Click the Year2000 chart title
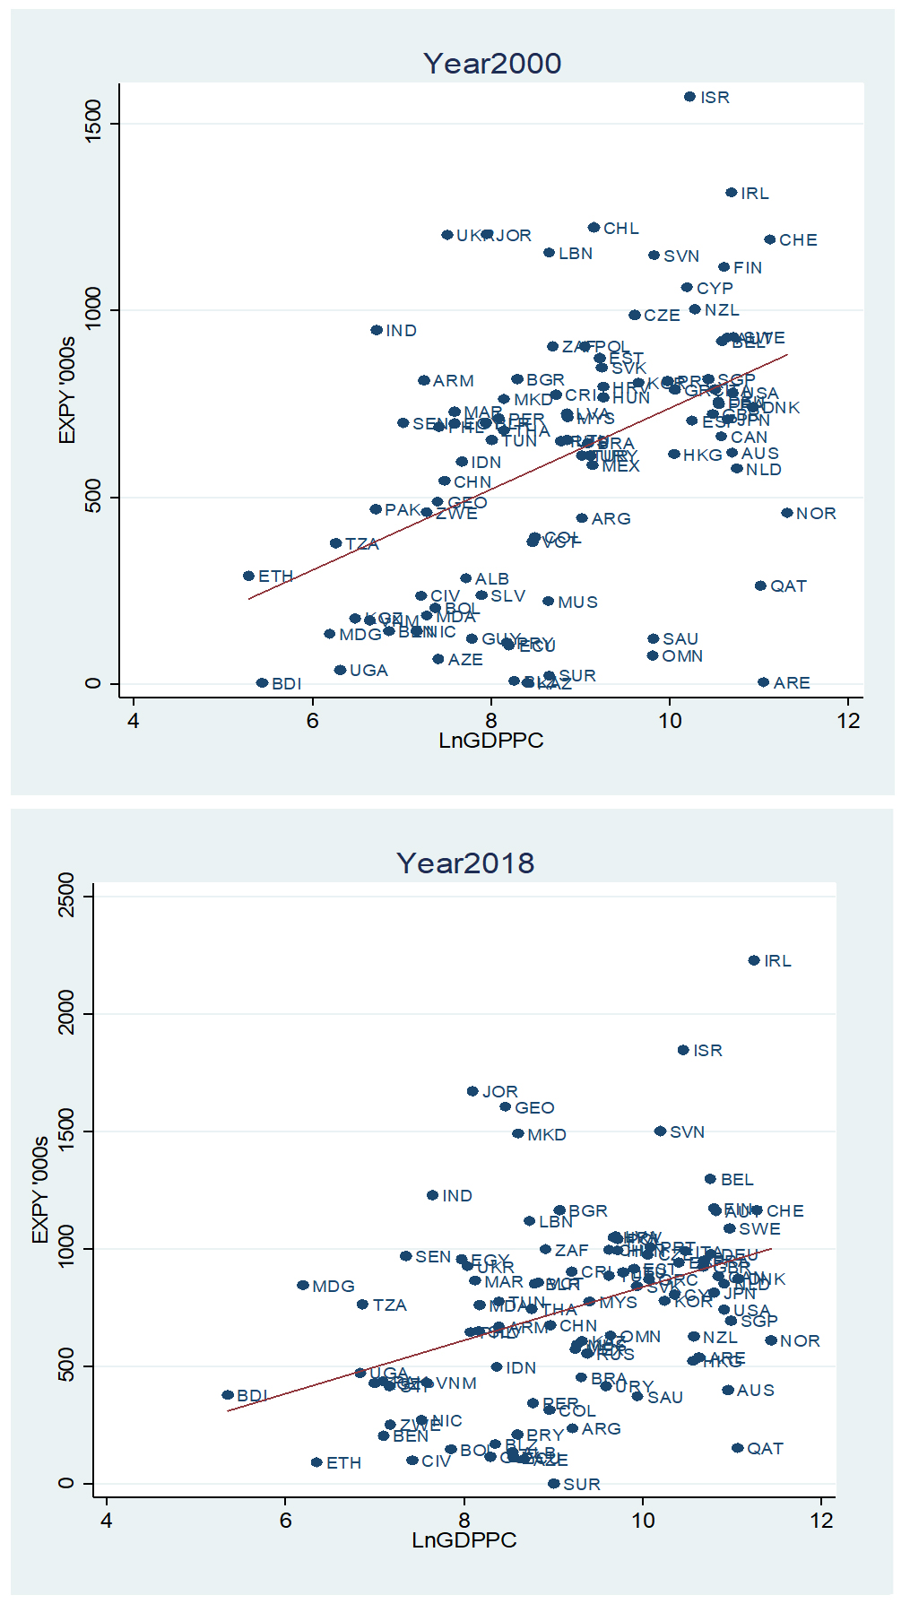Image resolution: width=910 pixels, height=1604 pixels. (492, 64)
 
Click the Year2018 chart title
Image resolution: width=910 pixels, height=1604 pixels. (465, 863)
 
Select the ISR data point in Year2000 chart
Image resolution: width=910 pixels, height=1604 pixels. (689, 97)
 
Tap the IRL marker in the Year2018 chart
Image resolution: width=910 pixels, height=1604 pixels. (754, 960)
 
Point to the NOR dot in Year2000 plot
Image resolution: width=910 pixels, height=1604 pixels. (786, 513)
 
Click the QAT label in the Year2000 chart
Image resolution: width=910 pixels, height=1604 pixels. (788, 586)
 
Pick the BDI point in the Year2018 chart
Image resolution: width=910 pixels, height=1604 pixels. (228, 1395)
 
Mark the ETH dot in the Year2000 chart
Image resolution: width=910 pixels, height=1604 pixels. (248, 576)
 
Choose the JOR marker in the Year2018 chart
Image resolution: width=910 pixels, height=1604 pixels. (472, 1091)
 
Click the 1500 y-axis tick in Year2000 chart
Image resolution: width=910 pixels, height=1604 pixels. (92, 124)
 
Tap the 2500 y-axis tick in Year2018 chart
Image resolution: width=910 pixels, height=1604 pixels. (66, 896)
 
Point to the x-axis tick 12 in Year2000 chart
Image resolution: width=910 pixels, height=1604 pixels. (848, 721)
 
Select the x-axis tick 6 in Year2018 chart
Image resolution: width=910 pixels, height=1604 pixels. (285, 1521)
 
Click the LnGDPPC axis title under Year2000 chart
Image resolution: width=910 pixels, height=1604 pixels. (490, 741)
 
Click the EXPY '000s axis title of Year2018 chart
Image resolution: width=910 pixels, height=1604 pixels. (40, 1189)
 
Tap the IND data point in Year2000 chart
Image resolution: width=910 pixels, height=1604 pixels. (377, 330)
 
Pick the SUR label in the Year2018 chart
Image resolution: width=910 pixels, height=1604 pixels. (581, 1485)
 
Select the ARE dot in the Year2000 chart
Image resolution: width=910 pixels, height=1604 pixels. (763, 682)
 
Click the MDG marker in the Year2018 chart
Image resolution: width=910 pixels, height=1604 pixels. (303, 1286)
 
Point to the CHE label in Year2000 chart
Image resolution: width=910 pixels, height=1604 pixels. (798, 240)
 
